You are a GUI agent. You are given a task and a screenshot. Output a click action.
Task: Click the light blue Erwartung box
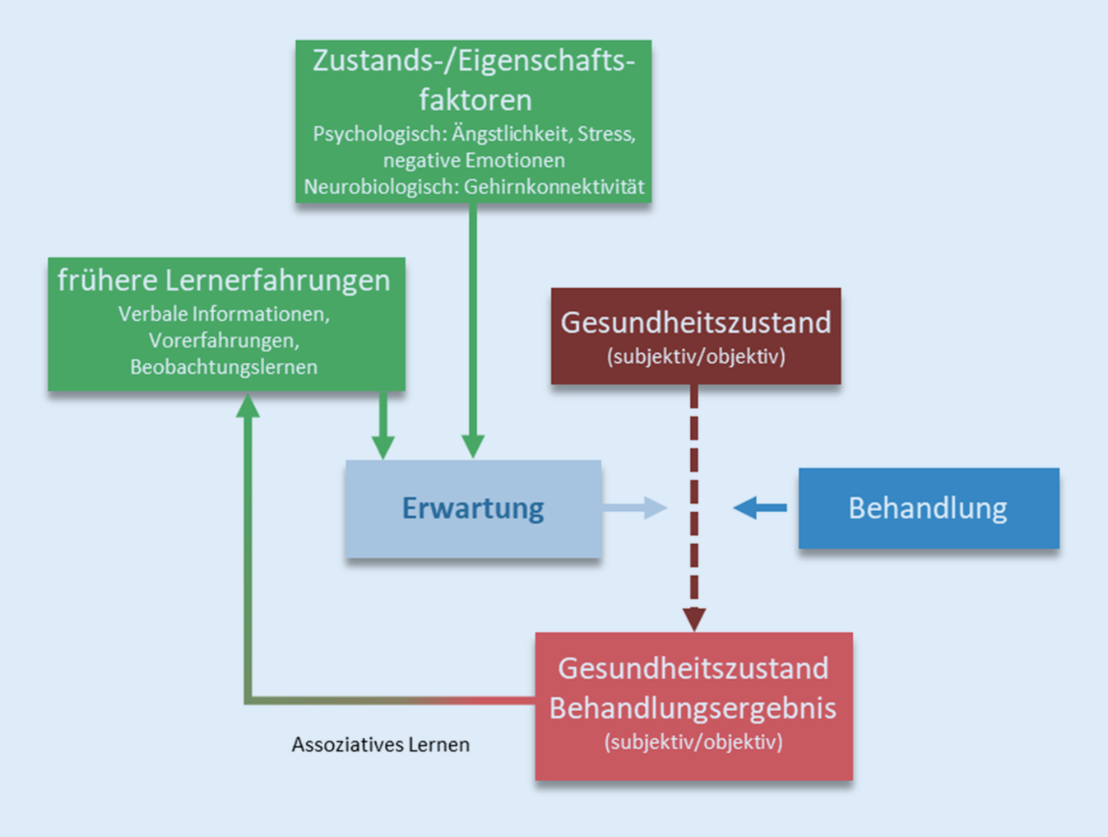click(x=473, y=509)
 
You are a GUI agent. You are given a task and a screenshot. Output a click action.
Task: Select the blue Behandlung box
click(x=928, y=509)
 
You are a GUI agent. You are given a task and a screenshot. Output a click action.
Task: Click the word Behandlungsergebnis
click(x=693, y=708)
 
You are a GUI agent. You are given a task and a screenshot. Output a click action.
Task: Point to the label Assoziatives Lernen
click(x=380, y=745)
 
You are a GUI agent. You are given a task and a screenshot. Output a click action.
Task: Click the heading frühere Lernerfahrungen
click(x=224, y=281)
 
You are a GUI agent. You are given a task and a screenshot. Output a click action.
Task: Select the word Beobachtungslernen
click(x=224, y=367)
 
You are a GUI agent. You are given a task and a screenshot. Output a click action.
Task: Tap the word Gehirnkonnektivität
click(x=554, y=188)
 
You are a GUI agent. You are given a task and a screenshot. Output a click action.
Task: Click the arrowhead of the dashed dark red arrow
click(x=694, y=618)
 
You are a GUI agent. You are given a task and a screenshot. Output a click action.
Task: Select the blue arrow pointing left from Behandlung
click(x=758, y=508)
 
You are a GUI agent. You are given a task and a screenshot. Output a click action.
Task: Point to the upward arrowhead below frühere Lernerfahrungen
click(x=248, y=407)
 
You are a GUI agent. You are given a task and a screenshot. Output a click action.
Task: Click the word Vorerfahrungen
click(x=224, y=341)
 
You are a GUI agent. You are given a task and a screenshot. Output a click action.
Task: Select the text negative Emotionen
click(x=474, y=160)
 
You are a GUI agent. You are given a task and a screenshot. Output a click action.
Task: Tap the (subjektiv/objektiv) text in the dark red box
click(x=696, y=356)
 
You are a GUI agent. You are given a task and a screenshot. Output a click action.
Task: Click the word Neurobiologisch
click(x=380, y=188)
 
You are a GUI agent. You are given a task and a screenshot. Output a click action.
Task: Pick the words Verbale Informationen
click(x=224, y=314)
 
